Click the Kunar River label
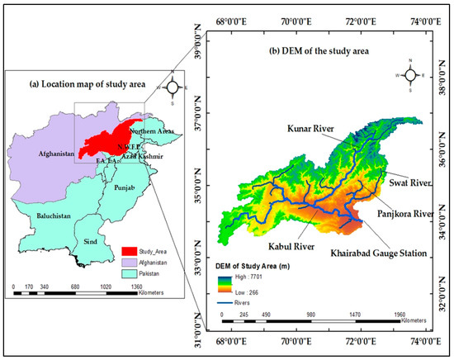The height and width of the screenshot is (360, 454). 315,129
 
